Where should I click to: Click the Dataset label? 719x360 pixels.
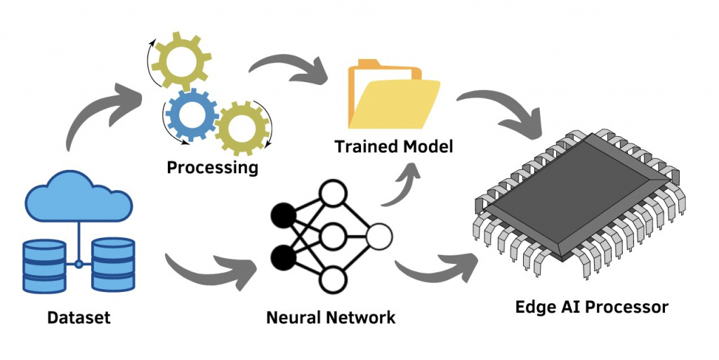(79, 317)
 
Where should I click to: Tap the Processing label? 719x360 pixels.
(212, 168)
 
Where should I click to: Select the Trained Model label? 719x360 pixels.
(394, 147)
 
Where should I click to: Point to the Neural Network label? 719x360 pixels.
(331, 317)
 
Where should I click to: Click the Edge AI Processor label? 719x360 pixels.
(591, 307)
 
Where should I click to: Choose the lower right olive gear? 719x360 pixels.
(242, 129)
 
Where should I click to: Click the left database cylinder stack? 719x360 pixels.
(44, 264)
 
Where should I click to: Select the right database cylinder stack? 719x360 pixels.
(112, 264)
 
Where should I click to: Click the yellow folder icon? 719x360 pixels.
(393, 98)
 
